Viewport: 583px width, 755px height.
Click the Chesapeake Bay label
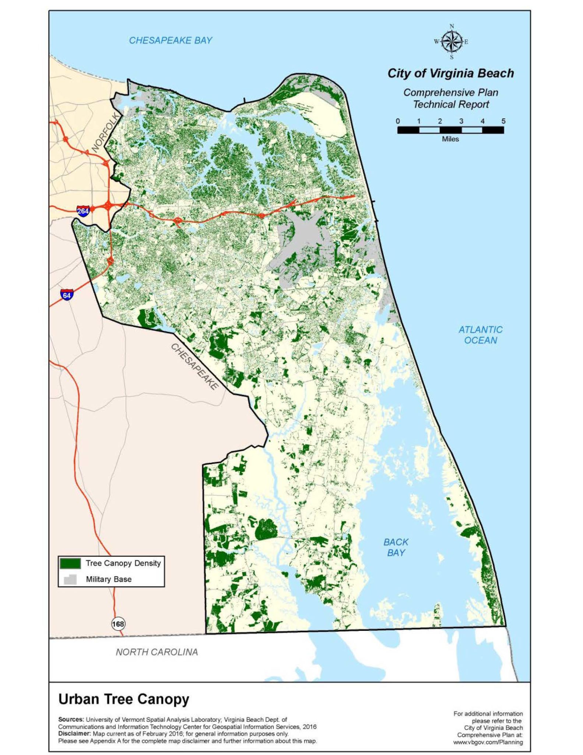click(x=171, y=40)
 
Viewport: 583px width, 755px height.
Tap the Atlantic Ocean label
click(x=480, y=335)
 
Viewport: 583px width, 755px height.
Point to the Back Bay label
click(x=396, y=547)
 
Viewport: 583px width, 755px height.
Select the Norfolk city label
click(x=105, y=133)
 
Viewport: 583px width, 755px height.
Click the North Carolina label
click(x=157, y=652)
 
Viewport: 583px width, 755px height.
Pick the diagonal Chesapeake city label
click(x=194, y=366)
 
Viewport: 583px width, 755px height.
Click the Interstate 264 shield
click(x=83, y=211)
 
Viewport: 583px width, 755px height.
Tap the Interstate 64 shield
click(x=67, y=295)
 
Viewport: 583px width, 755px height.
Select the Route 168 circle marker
click(x=118, y=624)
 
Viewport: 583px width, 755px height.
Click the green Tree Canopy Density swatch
click(x=70, y=563)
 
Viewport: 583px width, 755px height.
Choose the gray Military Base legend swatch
click(x=70, y=579)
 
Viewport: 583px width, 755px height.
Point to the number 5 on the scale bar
click(x=503, y=121)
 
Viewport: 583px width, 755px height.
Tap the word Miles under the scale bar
click(x=450, y=139)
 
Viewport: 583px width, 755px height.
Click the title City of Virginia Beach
click(x=450, y=73)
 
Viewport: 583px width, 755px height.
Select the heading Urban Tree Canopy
click(x=124, y=699)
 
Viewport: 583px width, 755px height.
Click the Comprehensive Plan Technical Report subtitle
click(x=450, y=98)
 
